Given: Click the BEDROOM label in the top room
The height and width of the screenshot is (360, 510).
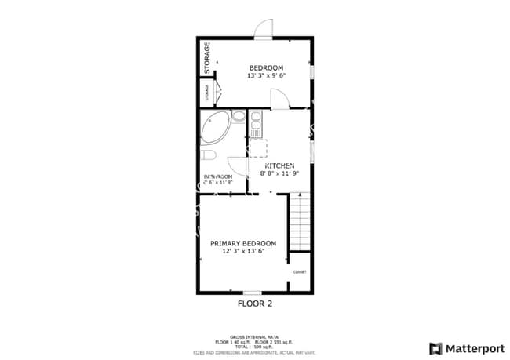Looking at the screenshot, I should (x=266, y=67).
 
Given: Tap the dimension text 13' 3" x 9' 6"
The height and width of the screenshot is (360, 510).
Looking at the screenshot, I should (x=266, y=76).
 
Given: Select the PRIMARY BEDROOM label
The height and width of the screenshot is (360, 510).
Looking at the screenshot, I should (x=243, y=243).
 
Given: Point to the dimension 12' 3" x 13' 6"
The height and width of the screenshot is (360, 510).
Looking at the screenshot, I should (x=243, y=252).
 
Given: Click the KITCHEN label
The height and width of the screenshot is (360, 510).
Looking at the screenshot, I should (x=279, y=166).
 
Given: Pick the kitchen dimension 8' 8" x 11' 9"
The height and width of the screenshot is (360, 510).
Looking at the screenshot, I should (x=279, y=174).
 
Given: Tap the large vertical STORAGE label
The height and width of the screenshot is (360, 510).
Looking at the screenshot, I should (x=207, y=57).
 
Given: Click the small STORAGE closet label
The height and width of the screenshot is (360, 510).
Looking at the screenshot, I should (x=207, y=93).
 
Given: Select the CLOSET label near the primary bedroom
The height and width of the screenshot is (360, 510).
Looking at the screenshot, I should (x=300, y=272).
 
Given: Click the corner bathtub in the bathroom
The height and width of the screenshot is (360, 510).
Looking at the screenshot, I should (x=213, y=125).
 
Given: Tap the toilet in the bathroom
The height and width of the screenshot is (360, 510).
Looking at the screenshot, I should (x=208, y=155).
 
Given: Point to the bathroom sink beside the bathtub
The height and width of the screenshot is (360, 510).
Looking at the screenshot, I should (x=239, y=117).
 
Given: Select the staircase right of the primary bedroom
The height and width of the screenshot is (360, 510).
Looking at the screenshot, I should (x=301, y=224).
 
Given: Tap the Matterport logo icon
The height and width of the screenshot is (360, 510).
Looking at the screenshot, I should (x=435, y=348).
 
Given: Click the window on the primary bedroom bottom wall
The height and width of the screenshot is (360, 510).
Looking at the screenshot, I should (x=252, y=293).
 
